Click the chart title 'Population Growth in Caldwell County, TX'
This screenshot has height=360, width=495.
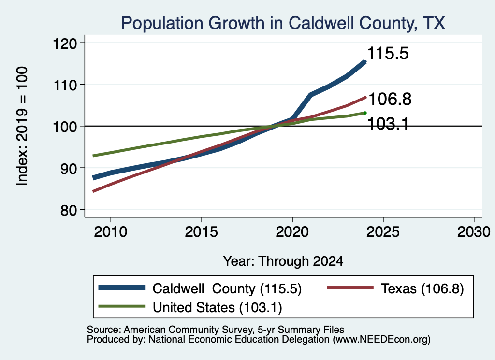pos(283,23)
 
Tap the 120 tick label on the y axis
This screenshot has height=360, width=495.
pos(65,43)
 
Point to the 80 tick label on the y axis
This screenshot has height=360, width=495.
pos(69,210)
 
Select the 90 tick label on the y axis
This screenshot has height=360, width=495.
pos(69,169)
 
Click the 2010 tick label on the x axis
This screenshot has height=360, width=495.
pos(111,232)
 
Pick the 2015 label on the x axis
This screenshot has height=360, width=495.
pos(202,232)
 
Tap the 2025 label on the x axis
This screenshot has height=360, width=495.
pos(383,232)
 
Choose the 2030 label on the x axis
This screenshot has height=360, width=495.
pos(474,232)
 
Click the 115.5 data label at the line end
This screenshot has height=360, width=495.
pos(388,53)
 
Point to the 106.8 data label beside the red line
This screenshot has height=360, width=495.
pos(390,99)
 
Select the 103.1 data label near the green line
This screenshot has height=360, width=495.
pos(388,123)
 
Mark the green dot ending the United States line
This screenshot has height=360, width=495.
pos(365,113)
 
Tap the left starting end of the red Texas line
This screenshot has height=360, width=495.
pos(93,191)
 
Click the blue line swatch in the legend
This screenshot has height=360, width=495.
pos(121,288)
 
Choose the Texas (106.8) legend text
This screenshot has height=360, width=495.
pos(422,288)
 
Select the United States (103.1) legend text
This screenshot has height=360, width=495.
pos(218,308)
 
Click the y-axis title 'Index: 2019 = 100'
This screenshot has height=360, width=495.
pos(22,126)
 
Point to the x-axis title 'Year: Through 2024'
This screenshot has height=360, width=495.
pos(283,261)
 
